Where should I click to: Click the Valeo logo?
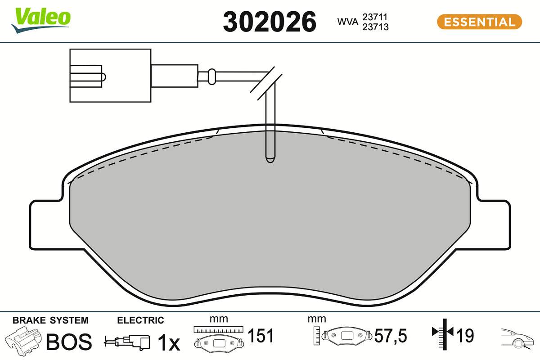click(40, 21)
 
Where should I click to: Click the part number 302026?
click(270, 22)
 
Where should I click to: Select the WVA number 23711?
click(375, 17)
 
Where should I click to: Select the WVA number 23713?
click(375, 27)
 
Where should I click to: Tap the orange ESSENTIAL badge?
click(480, 22)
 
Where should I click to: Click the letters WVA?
click(347, 22)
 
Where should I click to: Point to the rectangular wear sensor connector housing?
click(110, 76)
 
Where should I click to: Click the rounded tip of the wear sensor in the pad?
click(270, 160)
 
